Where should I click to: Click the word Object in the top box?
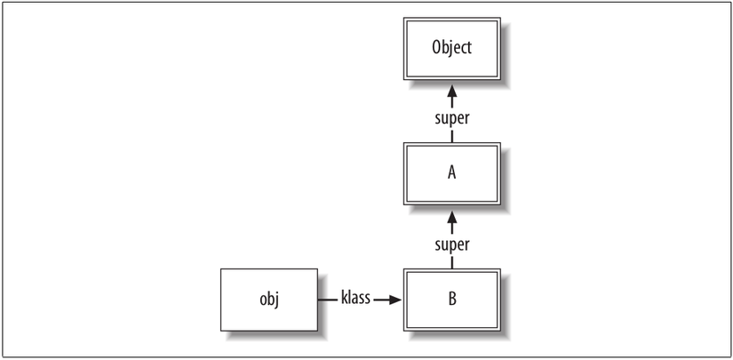coord(452,48)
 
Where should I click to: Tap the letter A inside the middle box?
coord(451,173)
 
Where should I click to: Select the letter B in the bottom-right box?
coord(452,300)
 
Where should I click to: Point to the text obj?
coord(269,300)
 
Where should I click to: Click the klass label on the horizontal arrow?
coord(355,298)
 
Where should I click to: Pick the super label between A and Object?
coord(452,119)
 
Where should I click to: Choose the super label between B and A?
coord(452,244)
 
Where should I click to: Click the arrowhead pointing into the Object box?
coord(452,91)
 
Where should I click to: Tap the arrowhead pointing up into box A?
coord(452,217)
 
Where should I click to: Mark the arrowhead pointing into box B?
coord(395,300)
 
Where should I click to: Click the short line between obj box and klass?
coord(327,300)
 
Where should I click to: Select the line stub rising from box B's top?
coord(452,263)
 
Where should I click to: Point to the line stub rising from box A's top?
coord(452,137)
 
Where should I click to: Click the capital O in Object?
coord(437,48)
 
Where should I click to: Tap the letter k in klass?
coord(345,298)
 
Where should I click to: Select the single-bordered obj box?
coord(269,300)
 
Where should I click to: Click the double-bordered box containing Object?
coord(452,49)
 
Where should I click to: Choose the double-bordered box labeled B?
coord(452,300)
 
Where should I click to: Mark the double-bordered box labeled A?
coord(452,174)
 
